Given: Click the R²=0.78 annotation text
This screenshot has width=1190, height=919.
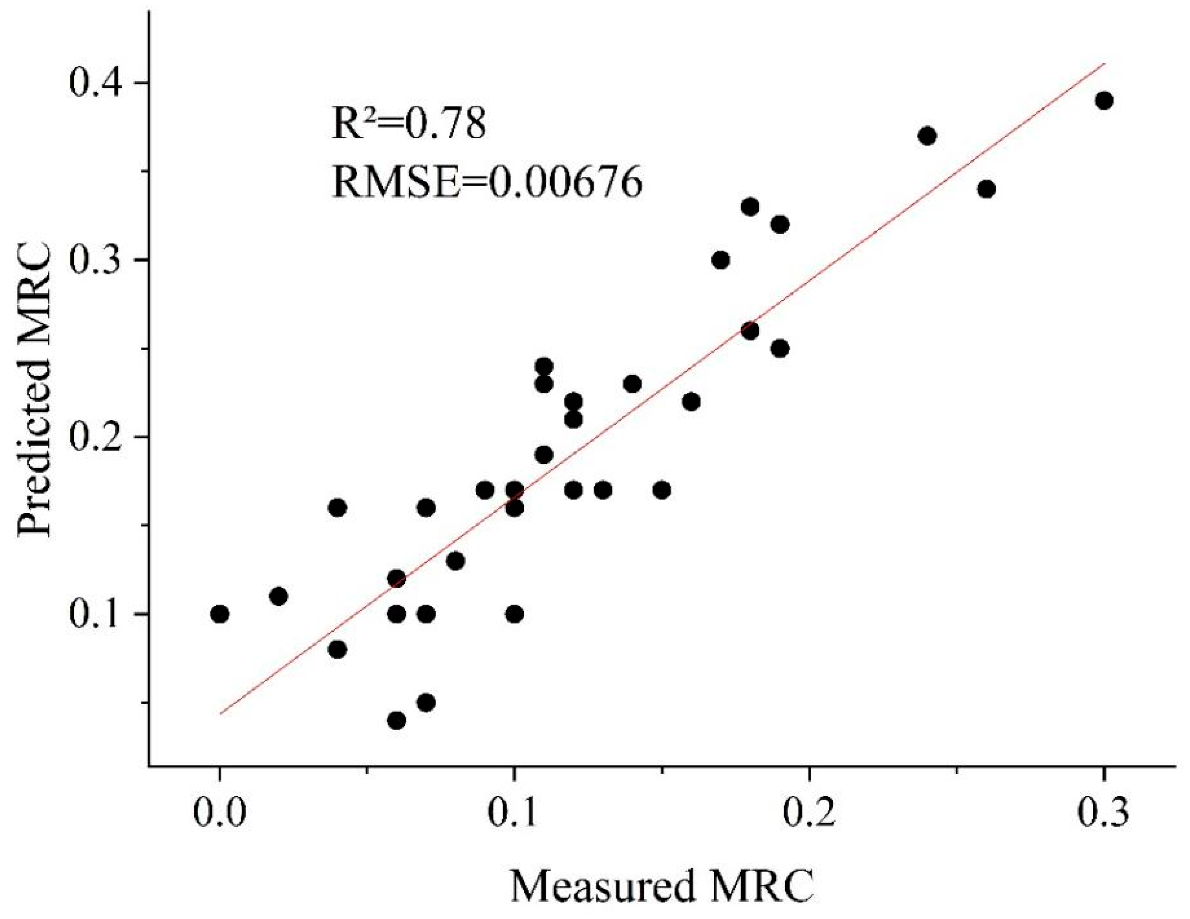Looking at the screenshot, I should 408,124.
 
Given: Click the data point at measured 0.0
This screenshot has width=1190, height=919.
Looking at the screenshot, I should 220,614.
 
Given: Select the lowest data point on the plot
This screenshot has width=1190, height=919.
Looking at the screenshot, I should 397,721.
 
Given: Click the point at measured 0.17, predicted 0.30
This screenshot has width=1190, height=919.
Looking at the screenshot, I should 720,260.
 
